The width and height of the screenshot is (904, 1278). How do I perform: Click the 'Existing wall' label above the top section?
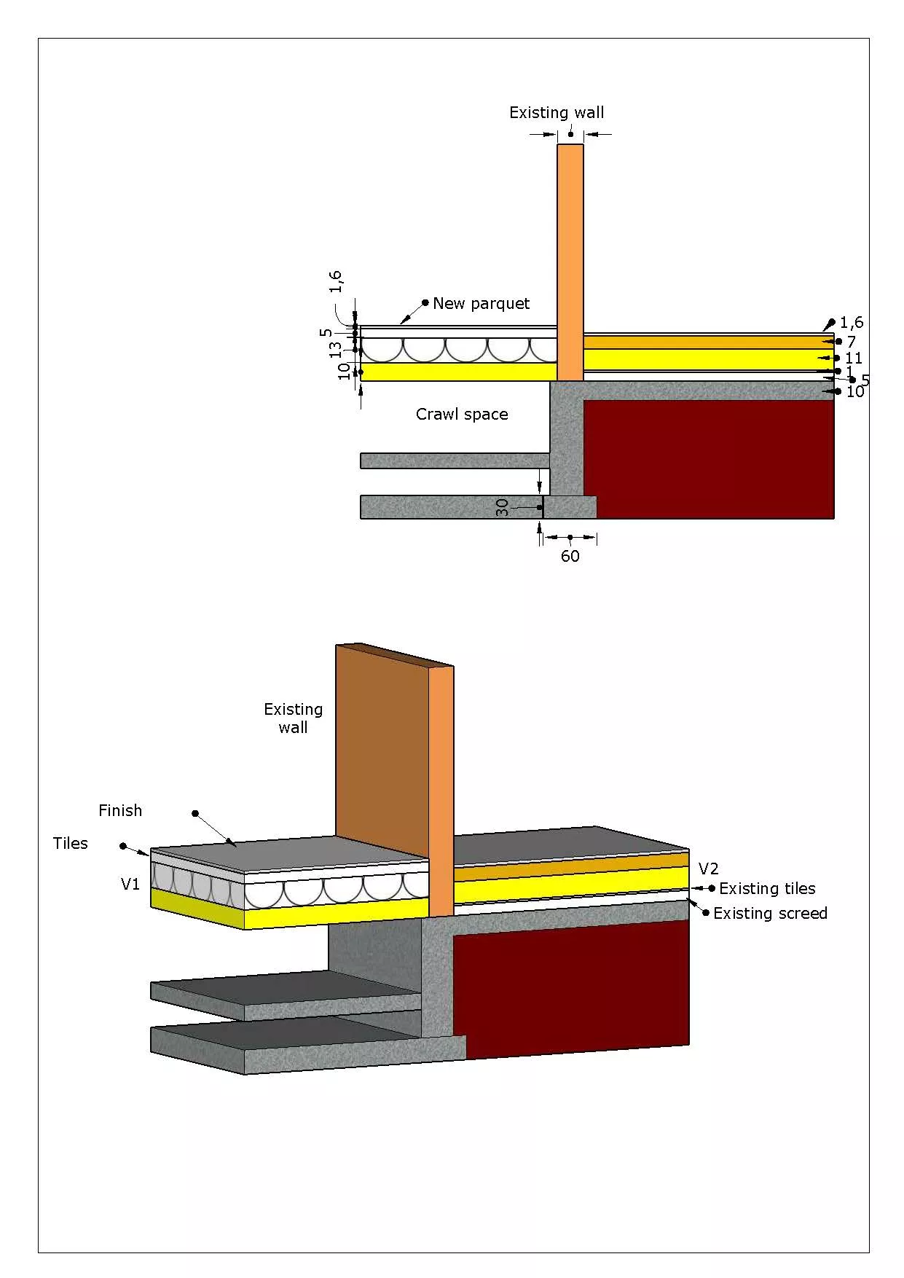(557, 113)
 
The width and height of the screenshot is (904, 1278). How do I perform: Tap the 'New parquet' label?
(481, 304)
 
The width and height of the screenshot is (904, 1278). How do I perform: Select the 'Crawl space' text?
(462, 415)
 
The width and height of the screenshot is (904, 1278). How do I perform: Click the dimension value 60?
(570, 557)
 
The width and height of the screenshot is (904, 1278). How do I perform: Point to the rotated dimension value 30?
(503, 508)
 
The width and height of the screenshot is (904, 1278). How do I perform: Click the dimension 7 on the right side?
(851, 342)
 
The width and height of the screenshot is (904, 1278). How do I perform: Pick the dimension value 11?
(853, 358)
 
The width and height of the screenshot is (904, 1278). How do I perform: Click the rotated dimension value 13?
(336, 349)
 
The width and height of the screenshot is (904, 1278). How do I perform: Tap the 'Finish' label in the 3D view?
(120, 811)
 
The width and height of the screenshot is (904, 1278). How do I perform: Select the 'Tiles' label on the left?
(70, 844)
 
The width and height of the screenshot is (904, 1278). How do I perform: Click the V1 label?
(130, 885)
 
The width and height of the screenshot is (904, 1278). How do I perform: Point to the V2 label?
(708, 869)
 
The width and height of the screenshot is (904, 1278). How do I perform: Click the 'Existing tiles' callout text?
(767, 889)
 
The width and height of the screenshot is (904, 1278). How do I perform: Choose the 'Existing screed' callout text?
(770, 914)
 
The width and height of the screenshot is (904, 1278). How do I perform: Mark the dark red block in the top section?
(708, 459)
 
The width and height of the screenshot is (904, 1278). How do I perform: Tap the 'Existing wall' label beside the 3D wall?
(293, 718)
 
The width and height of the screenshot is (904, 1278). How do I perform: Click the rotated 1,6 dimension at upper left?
(336, 281)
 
